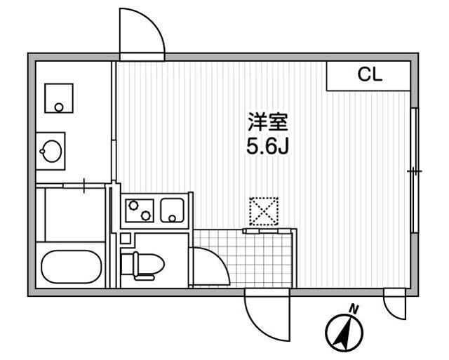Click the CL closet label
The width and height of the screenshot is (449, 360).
pos(370,75)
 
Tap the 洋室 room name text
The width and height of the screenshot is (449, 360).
pos(267,122)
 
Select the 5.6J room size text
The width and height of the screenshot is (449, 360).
pos(267,147)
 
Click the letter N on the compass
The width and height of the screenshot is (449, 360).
pos(354,309)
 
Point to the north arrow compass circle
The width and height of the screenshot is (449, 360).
pos(344,333)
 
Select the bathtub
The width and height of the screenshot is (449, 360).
pos(72,267)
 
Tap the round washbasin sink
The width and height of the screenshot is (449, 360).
pos(52,151)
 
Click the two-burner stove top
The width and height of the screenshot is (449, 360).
pos(140,211)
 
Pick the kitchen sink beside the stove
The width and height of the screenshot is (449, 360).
pos(172,211)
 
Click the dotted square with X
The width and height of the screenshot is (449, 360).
pos(264,211)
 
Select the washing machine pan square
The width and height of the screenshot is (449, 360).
pos(59,98)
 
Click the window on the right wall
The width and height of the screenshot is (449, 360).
pos(415,171)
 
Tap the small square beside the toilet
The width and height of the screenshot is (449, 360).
pos(126,239)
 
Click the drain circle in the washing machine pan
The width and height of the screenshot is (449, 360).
pos(59,107)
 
